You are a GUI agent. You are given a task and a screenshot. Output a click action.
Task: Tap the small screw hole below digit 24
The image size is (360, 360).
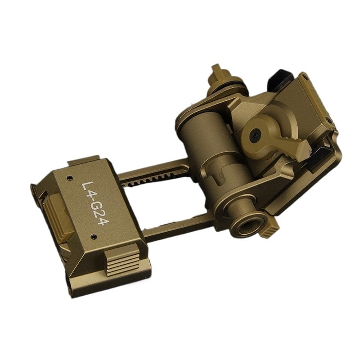click(x=94, y=237)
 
